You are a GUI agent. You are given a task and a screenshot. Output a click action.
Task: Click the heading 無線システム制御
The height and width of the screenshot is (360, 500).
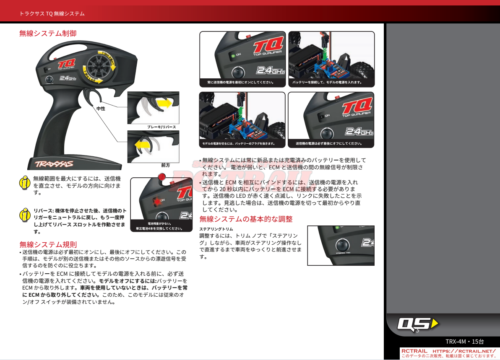tap(48, 33)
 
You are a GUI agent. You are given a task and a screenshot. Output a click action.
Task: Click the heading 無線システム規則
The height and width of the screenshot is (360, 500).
tap(48, 244)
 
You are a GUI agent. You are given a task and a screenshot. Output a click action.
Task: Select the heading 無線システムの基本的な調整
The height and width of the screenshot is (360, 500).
tap(246, 219)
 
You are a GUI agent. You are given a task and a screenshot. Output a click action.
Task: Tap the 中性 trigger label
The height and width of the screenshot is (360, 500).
tap(101, 109)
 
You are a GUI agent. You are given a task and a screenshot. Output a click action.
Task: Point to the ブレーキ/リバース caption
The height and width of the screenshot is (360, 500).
tap(161, 127)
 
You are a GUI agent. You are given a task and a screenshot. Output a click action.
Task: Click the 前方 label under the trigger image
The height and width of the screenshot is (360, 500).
tap(165, 165)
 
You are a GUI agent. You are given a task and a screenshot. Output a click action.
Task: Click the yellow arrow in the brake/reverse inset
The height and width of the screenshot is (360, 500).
tap(164, 103)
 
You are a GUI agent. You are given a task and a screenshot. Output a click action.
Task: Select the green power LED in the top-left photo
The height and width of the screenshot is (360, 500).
tap(232, 55)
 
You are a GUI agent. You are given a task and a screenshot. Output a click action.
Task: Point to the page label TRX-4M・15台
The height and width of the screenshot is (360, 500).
tap(464, 342)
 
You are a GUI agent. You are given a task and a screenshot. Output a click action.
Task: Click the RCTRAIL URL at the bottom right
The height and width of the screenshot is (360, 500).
tap(464, 351)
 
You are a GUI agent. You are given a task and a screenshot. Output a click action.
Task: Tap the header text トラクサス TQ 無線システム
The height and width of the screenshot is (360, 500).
tap(52, 14)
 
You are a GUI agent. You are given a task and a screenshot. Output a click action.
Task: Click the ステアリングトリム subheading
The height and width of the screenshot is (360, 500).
tap(216, 229)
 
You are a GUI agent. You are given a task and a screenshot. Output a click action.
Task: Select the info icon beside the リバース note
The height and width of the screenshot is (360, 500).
tap(26, 215)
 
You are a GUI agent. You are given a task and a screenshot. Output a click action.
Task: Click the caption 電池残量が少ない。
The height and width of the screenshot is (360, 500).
tap(159, 224)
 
